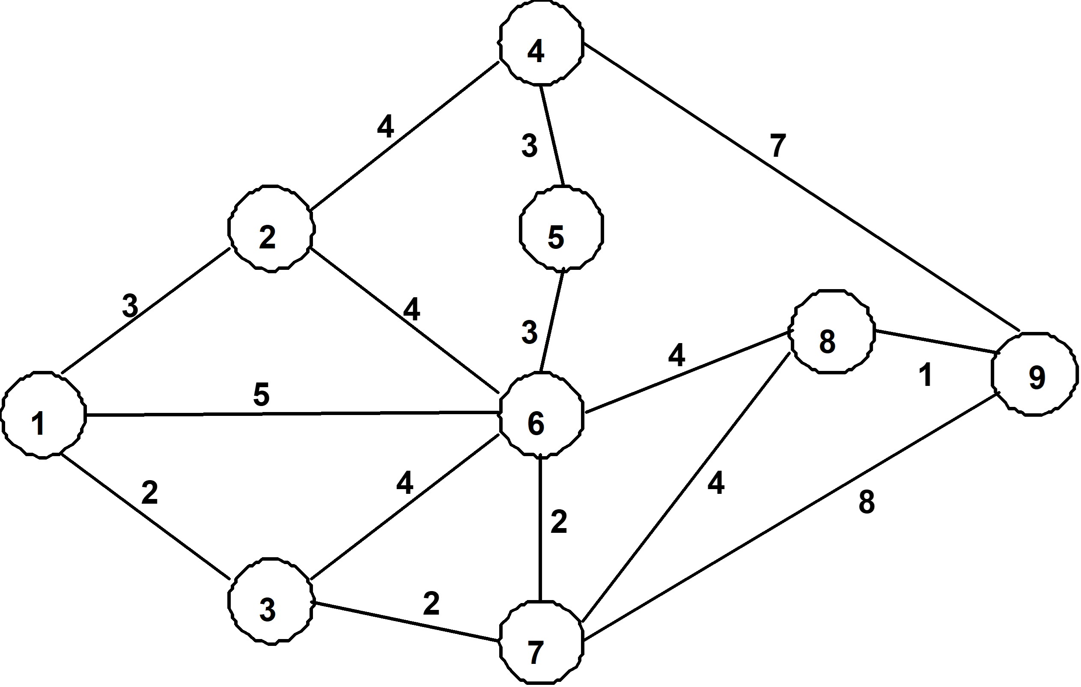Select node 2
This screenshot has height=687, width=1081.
click(271, 229)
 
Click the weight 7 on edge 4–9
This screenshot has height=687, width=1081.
click(778, 146)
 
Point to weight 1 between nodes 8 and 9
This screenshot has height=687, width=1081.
click(926, 374)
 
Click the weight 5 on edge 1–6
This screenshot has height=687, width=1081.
click(261, 395)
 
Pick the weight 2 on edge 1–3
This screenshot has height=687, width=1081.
click(149, 493)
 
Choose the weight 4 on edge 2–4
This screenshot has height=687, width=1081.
click(386, 127)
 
